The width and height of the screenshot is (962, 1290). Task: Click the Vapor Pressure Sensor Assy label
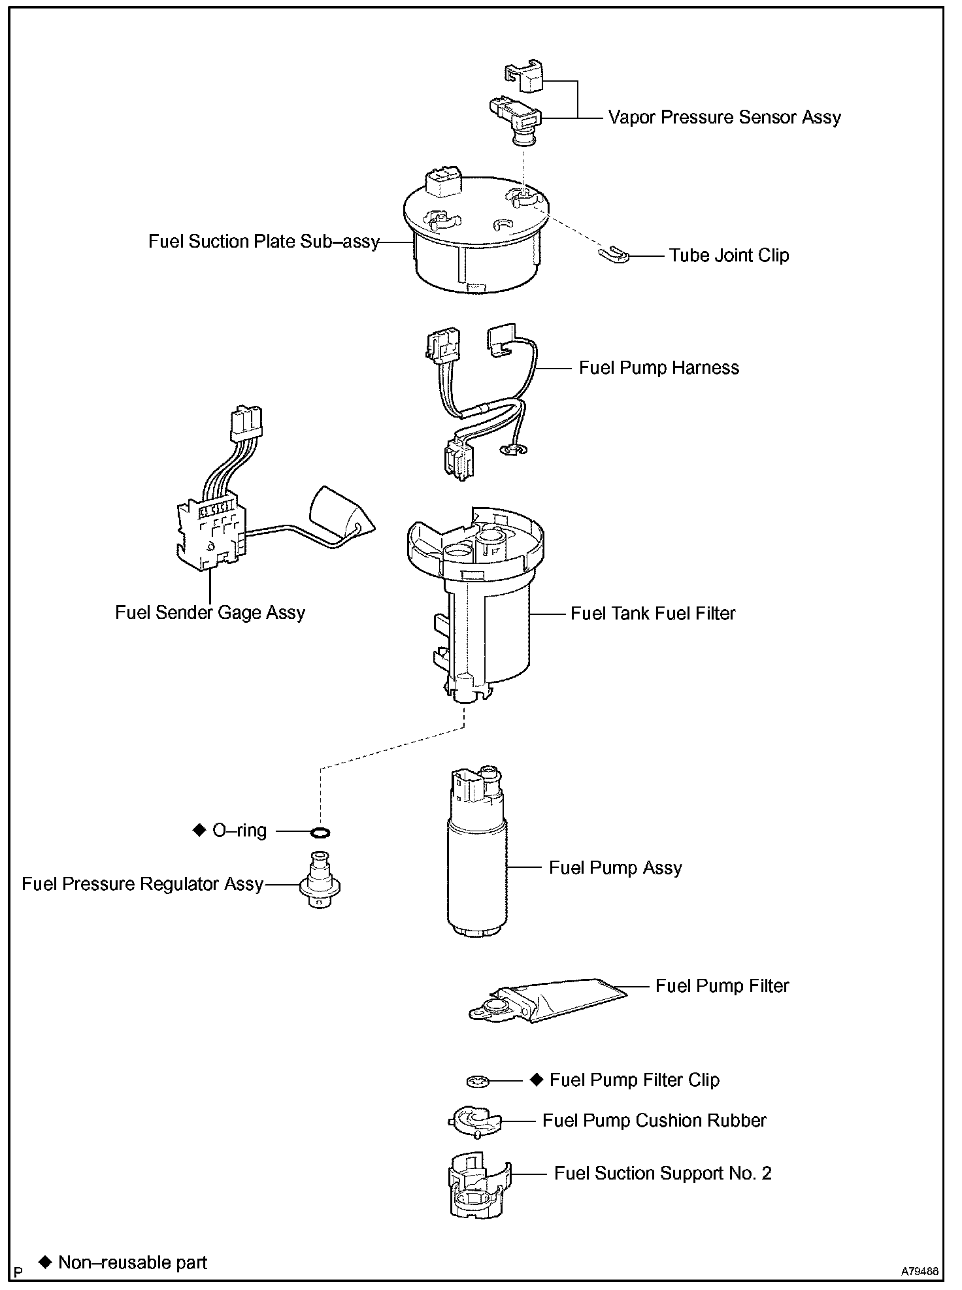pyautogui.click(x=724, y=118)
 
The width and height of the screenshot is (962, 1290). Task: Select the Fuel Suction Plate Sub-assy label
pyautogui.click(x=263, y=242)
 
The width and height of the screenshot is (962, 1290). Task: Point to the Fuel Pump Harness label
pyautogui.click(x=659, y=368)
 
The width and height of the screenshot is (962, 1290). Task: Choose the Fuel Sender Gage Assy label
pyautogui.click(x=210, y=612)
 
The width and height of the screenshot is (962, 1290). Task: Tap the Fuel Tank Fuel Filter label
pyautogui.click(x=653, y=614)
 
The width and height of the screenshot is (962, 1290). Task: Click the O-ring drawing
pyautogui.click(x=320, y=832)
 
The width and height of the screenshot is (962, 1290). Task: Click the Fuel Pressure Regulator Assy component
pyautogui.click(x=320, y=882)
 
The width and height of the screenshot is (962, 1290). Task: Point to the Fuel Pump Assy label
pyautogui.click(x=615, y=868)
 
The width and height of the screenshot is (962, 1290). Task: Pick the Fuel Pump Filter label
pyautogui.click(x=722, y=986)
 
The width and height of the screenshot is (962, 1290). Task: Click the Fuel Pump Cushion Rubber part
pyautogui.click(x=475, y=1122)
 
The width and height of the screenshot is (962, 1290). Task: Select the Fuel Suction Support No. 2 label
pyautogui.click(x=663, y=1174)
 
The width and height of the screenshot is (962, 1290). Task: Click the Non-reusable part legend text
pyautogui.click(x=132, y=1263)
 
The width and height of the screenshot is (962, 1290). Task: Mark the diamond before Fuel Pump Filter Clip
pyautogui.click(x=537, y=1080)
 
